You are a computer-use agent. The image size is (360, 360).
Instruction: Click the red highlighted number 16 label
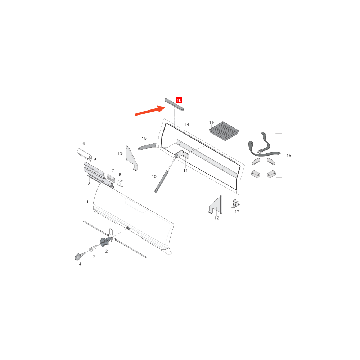pos(179,100)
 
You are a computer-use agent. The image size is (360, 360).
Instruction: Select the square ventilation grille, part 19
pos(224,131)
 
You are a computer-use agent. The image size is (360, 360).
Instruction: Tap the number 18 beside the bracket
pos(289,156)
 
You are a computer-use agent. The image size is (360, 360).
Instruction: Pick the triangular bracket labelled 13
pos(131,158)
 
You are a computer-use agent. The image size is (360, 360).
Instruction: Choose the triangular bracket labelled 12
pos(216,204)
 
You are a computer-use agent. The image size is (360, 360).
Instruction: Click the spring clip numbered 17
pos(236,204)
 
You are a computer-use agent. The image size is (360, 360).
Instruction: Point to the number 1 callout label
pos(87,202)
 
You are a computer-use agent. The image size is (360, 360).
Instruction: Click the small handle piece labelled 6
pos(84,155)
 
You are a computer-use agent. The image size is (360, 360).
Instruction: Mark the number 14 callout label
pos(187,124)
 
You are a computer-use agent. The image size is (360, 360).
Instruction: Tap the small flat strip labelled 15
pos(147,147)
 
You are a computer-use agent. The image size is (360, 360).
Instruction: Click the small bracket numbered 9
pos(120,183)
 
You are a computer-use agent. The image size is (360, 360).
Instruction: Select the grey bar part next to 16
pos(174,105)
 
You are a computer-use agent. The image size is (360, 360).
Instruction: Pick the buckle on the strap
pos(260,151)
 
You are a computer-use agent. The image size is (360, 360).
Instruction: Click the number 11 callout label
pos(185,171)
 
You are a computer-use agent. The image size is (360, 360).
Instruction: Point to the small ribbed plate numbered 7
pos(111,178)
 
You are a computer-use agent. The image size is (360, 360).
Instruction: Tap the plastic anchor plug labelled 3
pos(94,248)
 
